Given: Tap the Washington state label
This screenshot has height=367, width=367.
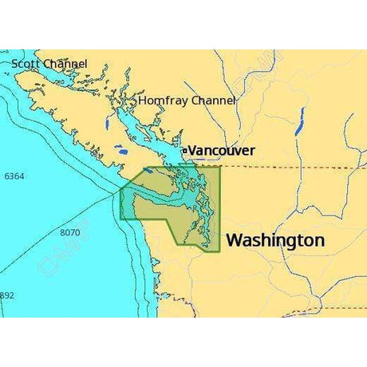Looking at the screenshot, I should (x=275, y=240).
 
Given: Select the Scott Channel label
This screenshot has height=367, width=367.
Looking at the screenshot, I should (x=49, y=63).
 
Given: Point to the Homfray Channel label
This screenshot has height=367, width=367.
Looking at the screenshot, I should (x=187, y=101).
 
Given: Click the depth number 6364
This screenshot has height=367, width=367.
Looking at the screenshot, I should (x=14, y=176).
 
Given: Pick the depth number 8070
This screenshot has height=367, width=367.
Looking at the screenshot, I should (x=70, y=232).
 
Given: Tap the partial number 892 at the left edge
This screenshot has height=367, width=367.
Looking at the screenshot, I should (x=7, y=294).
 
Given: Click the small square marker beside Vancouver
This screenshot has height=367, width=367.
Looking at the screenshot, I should (x=183, y=150).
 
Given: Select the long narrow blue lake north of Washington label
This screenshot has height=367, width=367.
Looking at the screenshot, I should (x=299, y=120).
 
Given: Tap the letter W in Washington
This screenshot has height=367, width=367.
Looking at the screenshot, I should (x=235, y=240).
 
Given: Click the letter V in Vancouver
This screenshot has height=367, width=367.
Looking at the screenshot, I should (x=191, y=150).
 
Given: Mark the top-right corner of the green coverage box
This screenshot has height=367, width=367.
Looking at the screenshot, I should (x=219, y=168).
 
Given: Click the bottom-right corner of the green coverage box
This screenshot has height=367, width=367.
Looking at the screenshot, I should (x=219, y=252).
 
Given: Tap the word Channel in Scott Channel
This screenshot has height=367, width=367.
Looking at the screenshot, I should (x=66, y=63).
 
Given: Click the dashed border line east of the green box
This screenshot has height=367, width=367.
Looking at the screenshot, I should (x=287, y=167).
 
